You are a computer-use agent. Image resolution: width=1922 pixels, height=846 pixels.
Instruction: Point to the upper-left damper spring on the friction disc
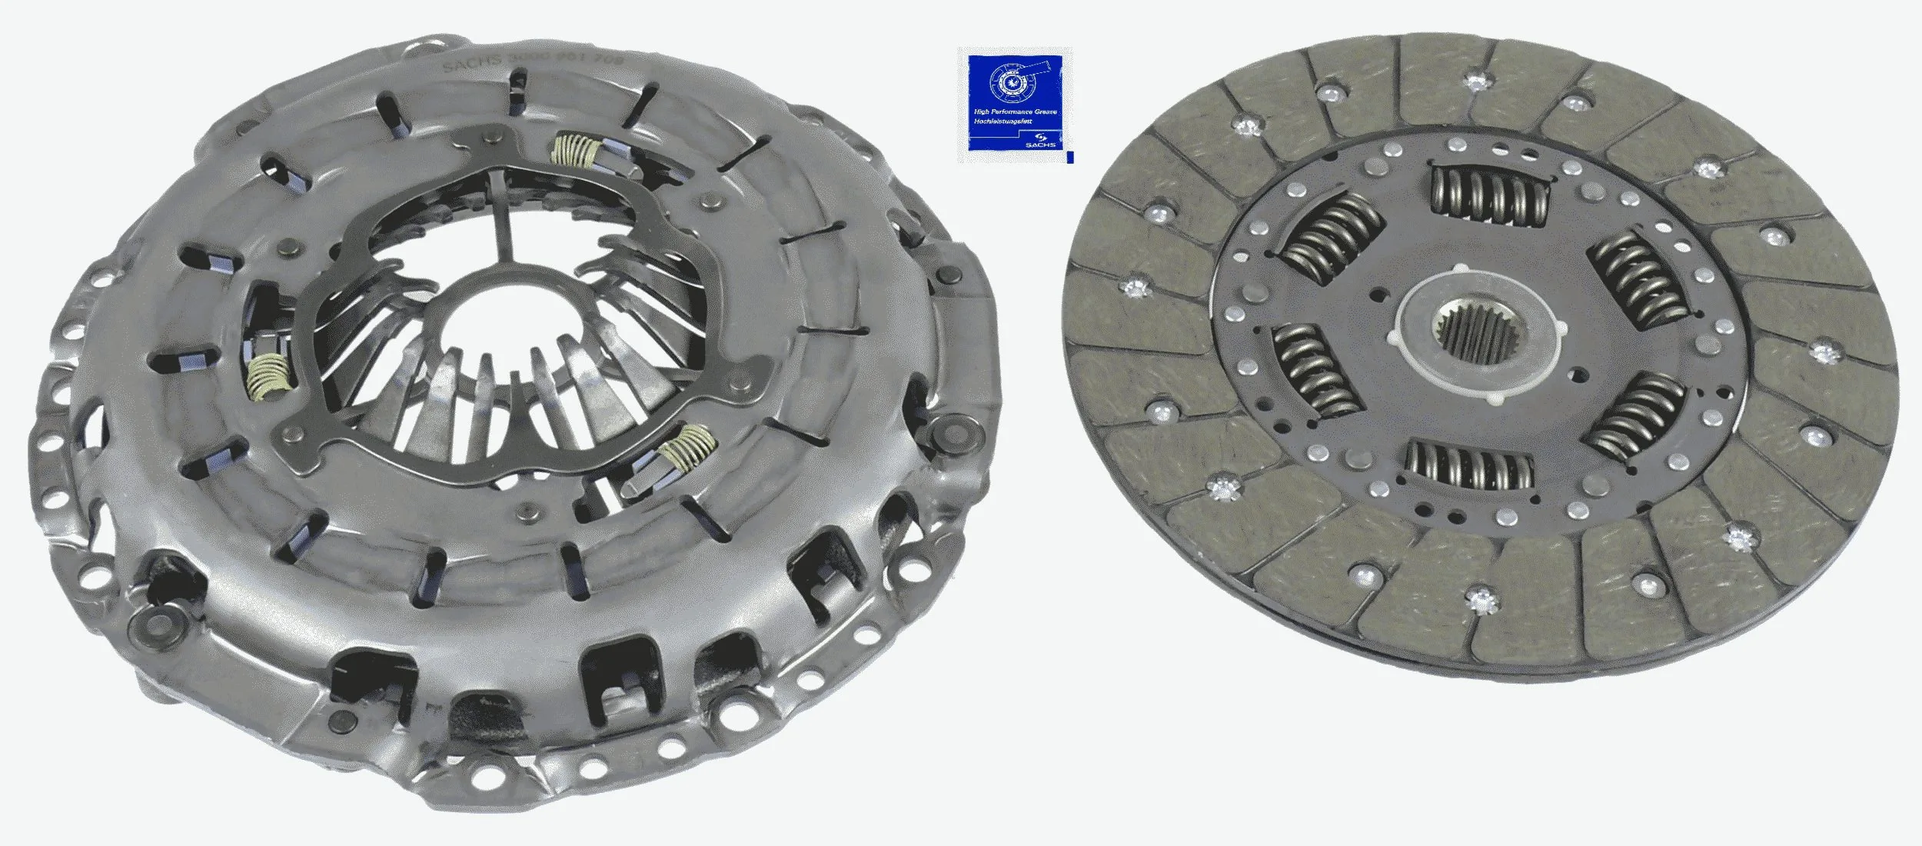1334,238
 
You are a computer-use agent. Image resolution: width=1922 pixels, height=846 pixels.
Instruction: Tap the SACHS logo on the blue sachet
1040,142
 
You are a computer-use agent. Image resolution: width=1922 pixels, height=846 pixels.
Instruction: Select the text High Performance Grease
1015,112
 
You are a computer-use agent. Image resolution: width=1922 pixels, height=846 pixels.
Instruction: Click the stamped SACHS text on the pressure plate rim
473,62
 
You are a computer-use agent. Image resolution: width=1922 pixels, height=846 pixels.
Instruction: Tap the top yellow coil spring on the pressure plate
576,150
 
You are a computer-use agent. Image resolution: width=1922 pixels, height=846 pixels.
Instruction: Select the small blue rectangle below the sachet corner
1070,157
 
